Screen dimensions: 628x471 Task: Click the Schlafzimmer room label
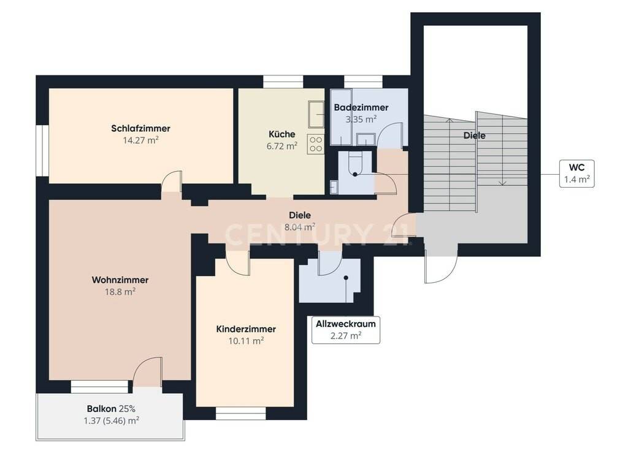[140, 129]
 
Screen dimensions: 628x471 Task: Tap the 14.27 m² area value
[140, 140]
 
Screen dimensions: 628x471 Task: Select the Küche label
[282, 134]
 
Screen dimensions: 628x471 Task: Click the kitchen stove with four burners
[316, 144]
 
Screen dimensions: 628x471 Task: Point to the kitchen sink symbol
[316, 114]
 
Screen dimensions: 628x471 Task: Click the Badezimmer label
[361, 107]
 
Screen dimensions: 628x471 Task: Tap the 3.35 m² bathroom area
[361, 119]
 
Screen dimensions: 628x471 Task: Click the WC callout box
[576, 174]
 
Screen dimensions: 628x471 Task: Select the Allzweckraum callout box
[346, 329]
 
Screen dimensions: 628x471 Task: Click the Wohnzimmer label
[120, 280]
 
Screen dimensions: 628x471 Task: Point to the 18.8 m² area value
[120, 291]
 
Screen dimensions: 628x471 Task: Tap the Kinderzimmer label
[246, 329]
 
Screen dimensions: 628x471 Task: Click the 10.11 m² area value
[246, 341]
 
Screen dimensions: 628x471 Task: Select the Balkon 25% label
[111, 409]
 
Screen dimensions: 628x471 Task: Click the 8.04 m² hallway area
[299, 227]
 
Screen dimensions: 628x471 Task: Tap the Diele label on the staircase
[474, 136]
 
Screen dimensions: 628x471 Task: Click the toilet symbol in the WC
[355, 164]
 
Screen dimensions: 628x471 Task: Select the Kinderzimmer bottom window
[240, 413]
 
